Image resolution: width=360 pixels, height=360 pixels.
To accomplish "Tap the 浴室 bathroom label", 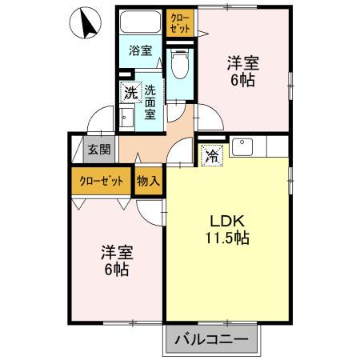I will point(141,50).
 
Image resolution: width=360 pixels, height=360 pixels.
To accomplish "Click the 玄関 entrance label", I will point(100,149).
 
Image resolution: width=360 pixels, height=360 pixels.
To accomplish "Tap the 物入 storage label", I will point(148,181).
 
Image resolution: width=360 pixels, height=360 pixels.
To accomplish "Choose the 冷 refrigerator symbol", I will point(211,154).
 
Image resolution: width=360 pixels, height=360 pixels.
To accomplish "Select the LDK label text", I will point(226,221).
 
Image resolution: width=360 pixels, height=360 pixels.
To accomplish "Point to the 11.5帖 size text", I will point(226,238).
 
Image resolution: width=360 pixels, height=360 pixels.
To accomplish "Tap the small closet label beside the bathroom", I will point(180,22).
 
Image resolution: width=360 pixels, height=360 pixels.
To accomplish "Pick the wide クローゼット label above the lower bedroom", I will point(101,181).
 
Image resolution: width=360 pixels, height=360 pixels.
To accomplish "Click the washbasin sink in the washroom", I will point(127,118).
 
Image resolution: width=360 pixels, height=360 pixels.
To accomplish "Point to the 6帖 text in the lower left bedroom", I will point(117,270).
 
